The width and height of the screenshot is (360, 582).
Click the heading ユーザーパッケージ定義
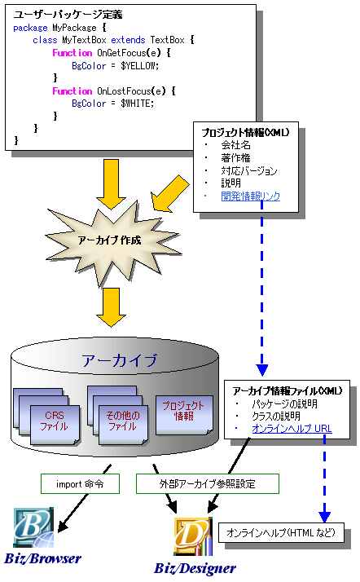[x=68, y=15]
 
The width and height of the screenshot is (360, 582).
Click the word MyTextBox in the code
[x=84, y=40]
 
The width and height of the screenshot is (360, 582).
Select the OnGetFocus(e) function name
[x=129, y=53]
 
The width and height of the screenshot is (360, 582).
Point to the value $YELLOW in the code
[x=140, y=66]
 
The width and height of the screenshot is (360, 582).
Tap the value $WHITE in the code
[x=137, y=104]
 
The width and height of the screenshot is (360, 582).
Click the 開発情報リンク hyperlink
[x=251, y=196]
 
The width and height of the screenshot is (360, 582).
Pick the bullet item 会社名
[x=236, y=145]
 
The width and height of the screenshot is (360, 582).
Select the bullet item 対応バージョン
[x=249, y=170]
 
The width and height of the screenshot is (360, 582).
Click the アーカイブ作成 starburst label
[x=110, y=240]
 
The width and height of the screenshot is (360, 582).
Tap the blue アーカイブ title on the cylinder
[x=120, y=360]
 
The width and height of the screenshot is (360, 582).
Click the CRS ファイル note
[x=55, y=424]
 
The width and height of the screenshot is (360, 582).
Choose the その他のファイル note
[x=123, y=424]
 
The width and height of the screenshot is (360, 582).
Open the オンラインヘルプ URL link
[x=292, y=429]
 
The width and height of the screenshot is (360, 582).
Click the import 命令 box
[x=80, y=483]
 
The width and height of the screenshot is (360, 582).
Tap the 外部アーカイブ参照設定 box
[x=208, y=483]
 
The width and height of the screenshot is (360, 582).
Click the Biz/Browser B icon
[x=33, y=528]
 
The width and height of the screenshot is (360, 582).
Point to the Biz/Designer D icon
[x=193, y=536]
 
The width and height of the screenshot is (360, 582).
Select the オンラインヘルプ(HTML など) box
[x=281, y=532]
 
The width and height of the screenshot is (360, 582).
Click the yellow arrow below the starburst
[x=112, y=307]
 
